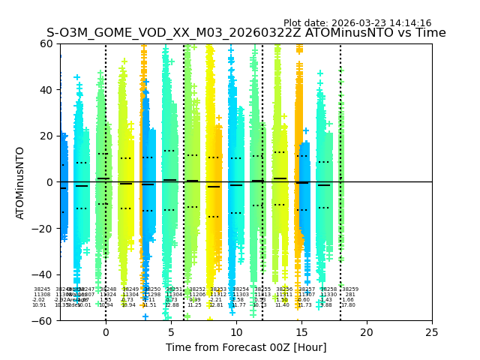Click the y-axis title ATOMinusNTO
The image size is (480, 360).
pyautogui.click(x=21, y=182)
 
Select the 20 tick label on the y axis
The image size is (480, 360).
pyautogui.click(x=49, y=136)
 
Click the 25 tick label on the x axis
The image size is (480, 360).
pyautogui.click(x=432, y=332)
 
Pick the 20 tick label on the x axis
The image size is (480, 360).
pyautogui.click(x=367, y=332)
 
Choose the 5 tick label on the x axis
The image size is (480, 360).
pyautogui.click(x=171, y=332)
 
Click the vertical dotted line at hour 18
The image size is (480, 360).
pyautogui.click(x=340, y=150)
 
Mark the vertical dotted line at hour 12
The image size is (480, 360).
pyautogui.click(x=262, y=150)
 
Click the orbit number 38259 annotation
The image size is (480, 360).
pyautogui.click(x=350, y=289)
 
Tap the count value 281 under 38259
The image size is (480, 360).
pyautogui.click(x=350, y=295)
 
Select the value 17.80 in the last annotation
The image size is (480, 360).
pyautogui.click(x=349, y=305)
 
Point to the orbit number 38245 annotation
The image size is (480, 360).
pyautogui.click(x=42, y=289)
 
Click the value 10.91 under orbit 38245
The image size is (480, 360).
pyautogui.click(x=39, y=305)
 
